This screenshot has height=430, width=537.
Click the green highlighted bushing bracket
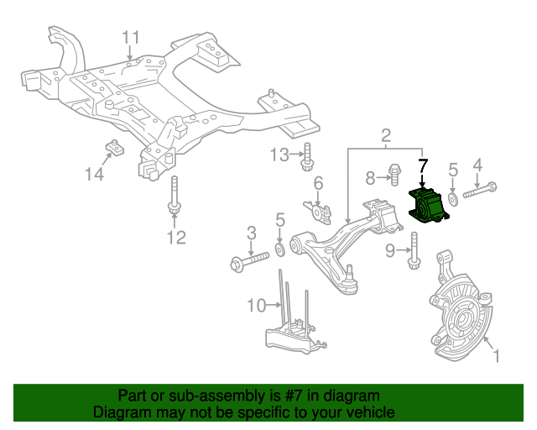434,207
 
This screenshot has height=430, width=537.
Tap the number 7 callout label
423,166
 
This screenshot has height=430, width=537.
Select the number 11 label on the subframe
131,37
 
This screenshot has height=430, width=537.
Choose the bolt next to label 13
308,155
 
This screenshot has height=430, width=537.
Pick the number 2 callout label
386,134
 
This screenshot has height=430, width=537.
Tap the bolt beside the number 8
394,176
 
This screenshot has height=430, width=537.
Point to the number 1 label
495,356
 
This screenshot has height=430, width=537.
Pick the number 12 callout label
175,239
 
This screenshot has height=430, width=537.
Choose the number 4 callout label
477,165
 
